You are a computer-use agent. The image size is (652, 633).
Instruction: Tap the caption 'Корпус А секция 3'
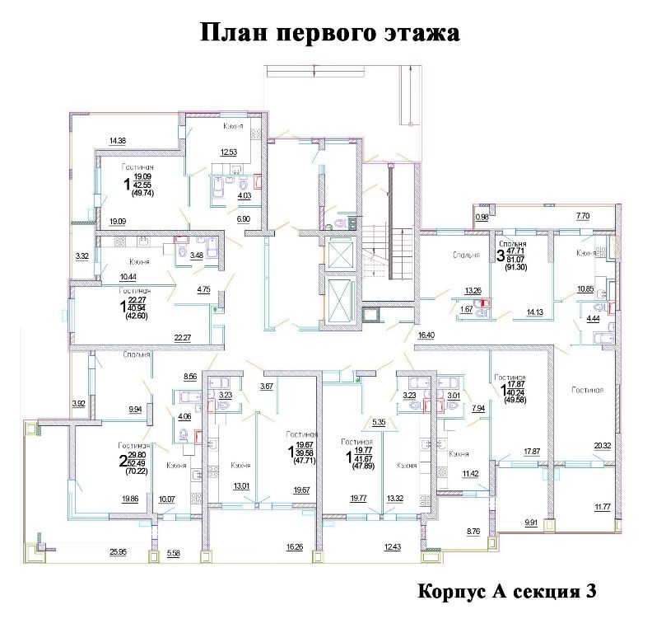[x=506, y=592]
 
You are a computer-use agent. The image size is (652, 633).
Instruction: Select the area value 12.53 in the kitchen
[x=228, y=152]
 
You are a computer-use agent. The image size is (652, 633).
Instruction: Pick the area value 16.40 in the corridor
[x=426, y=336]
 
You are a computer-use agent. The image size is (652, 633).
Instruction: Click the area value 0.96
[x=482, y=217]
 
